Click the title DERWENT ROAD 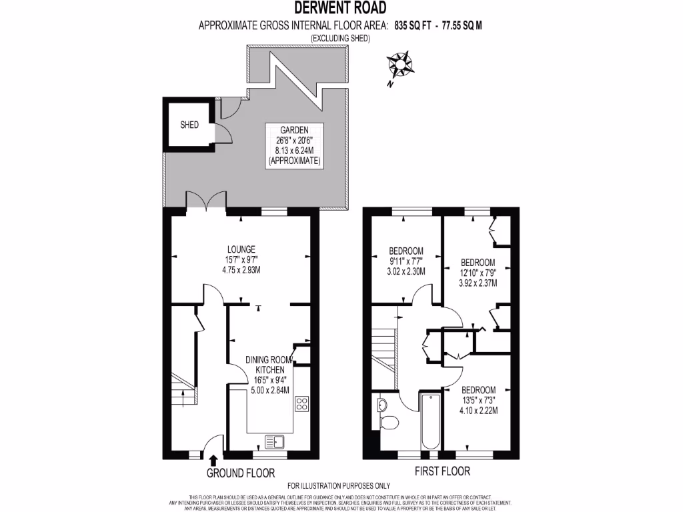[341, 9]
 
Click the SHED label [189, 125]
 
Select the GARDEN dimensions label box [293, 145]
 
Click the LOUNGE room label [240, 259]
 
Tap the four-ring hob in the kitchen [302, 403]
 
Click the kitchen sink [274, 441]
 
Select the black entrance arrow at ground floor [213, 460]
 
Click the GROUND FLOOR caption [241, 473]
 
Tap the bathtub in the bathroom [429, 421]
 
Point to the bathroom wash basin [382, 404]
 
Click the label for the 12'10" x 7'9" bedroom [478, 272]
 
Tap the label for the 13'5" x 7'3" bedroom [478, 400]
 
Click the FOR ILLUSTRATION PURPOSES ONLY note [339, 486]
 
